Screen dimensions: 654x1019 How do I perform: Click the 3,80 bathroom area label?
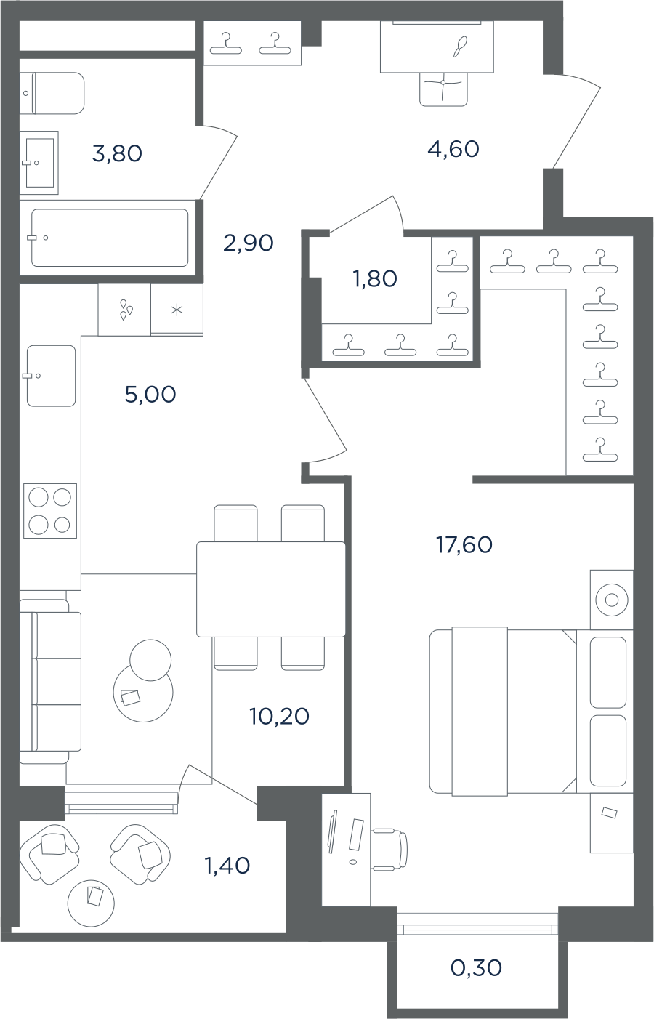coord(117,153)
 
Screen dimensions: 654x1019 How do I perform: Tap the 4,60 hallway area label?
coord(453,149)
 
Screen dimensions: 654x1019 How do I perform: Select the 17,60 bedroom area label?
coord(464,544)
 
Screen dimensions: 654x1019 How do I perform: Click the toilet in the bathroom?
coord(52,93)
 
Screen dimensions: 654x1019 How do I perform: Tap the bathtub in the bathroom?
coord(110,238)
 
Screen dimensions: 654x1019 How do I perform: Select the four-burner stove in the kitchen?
coord(50,510)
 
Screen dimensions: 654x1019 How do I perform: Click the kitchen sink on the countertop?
coord(51,376)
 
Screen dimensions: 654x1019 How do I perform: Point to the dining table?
coord(271,589)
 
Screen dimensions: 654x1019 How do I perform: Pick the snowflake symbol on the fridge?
coord(177,310)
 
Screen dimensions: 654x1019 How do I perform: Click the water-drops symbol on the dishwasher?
coord(126,310)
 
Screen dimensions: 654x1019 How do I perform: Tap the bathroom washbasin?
coord(39,162)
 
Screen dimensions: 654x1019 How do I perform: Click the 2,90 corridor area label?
coord(249,243)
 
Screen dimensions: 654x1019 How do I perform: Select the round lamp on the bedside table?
coord(612,600)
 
